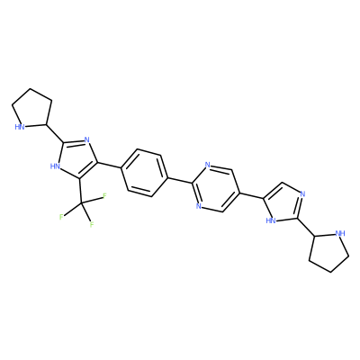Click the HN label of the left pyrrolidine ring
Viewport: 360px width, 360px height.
click(20, 127)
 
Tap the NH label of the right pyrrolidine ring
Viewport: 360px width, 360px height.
click(340, 233)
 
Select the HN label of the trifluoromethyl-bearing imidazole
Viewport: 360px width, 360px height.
click(54, 166)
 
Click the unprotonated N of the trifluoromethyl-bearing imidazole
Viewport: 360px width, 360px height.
click(87, 139)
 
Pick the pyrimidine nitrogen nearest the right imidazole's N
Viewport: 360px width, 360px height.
click(207, 165)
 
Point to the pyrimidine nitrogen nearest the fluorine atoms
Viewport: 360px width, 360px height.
click(198, 206)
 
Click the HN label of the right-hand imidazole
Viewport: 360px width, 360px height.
click(271, 221)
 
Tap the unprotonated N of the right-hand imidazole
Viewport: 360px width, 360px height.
click(302, 194)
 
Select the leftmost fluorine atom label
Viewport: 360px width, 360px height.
click(61, 217)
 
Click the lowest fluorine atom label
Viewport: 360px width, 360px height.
click(92, 224)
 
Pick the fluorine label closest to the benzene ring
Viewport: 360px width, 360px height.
click(104, 196)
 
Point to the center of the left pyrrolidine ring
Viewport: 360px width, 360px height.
click(32, 109)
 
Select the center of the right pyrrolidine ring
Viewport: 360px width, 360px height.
click(328, 251)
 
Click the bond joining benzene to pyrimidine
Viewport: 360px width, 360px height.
click(179, 180)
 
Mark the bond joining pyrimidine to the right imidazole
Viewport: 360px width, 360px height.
click(251, 195)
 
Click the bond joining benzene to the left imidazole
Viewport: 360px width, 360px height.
click(108, 166)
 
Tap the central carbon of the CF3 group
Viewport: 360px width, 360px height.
click(81, 204)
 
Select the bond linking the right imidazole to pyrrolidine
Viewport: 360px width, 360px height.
click(306, 228)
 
